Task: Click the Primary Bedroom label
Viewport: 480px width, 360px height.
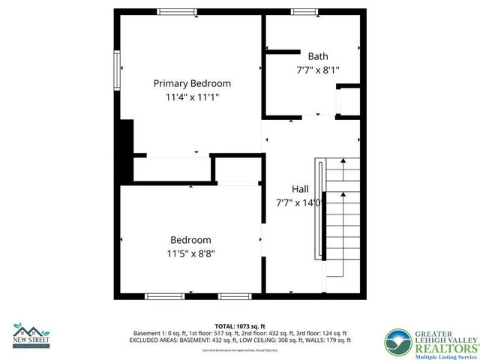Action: pyautogui.click(x=192, y=83)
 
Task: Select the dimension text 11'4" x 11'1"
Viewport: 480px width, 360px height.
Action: pyautogui.click(x=192, y=97)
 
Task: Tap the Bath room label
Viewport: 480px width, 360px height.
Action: pyautogui.click(x=318, y=56)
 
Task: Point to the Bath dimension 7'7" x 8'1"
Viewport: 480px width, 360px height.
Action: pyautogui.click(x=318, y=70)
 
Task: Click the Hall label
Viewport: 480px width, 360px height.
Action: pyautogui.click(x=300, y=189)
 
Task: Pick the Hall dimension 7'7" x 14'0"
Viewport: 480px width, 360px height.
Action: pyautogui.click(x=299, y=202)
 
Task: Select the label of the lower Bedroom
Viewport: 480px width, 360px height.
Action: pyautogui.click(x=190, y=240)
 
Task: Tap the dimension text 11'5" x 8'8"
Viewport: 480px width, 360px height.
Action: pyautogui.click(x=190, y=253)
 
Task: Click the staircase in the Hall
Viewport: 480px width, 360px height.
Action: pyautogui.click(x=340, y=217)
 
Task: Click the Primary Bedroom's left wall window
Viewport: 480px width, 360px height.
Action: pyautogui.click(x=116, y=70)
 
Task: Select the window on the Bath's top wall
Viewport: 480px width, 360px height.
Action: pyautogui.click(x=303, y=11)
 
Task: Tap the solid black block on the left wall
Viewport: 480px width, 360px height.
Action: pyautogui.click(x=126, y=138)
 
